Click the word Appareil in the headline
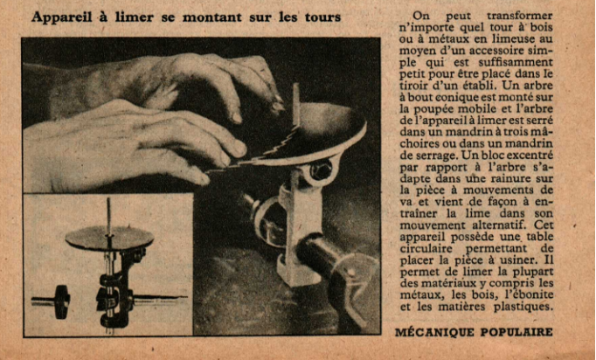tap(61, 17)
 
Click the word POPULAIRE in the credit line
tap(516, 332)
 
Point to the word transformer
tap(520, 16)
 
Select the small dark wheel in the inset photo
tap(61, 302)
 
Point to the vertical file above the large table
tap(296, 105)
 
